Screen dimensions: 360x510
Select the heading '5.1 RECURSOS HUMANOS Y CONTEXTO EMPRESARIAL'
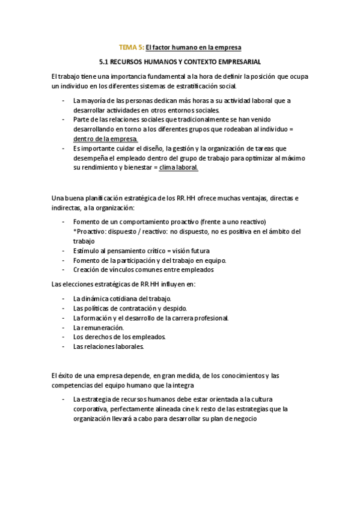180,61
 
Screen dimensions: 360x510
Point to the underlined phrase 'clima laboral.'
178,168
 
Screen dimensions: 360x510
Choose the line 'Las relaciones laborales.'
109,347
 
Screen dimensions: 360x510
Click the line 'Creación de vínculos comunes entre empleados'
143,270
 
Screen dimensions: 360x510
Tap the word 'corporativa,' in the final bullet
90,410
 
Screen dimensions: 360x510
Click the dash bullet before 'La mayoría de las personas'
64,100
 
